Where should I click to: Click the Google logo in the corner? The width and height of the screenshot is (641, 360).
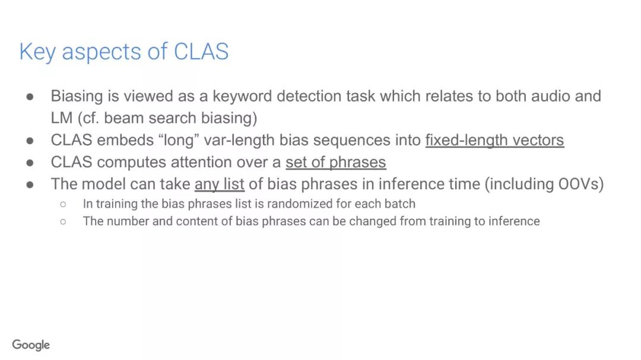31,345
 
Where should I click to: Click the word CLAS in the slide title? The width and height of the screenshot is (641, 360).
201,52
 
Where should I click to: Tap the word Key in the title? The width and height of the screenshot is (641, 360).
37,52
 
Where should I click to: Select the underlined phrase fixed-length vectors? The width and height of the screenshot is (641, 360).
494,140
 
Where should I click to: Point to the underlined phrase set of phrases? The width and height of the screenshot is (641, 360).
335,162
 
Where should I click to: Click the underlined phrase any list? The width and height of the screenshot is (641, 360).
220,184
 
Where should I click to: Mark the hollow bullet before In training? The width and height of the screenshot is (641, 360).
63,204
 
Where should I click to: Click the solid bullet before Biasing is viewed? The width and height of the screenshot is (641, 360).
30,96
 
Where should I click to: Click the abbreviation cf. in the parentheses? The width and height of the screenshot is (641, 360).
92,117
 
